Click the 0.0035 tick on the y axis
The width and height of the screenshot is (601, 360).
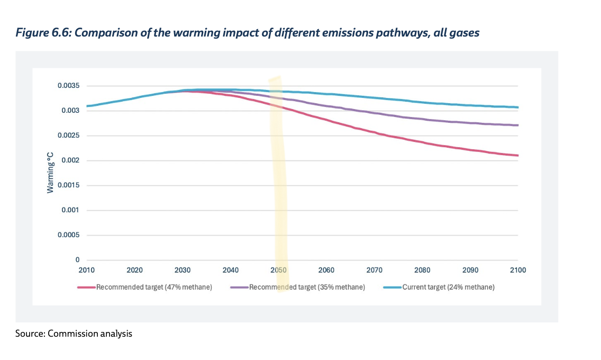69,86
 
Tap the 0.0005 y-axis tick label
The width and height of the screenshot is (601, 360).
69,235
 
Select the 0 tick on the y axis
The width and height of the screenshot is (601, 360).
77,260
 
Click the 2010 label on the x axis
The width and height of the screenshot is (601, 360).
86,270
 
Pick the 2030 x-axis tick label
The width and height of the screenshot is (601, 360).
183,270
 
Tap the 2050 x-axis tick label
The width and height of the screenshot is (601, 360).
278,270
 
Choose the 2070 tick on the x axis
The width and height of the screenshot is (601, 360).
374,270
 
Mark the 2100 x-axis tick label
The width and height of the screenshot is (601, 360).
518,270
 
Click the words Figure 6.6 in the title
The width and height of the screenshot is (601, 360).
40,33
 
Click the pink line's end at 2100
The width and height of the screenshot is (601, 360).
518,156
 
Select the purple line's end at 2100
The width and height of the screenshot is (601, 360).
518,125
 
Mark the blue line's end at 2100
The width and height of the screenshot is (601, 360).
518,107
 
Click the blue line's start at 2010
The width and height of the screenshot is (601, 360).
87,106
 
